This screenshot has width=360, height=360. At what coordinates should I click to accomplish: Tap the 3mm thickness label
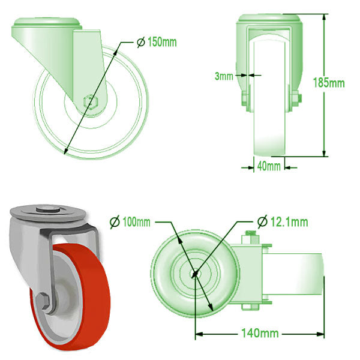click(x=223, y=76)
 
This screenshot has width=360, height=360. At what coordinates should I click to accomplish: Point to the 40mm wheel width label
click(x=268, y=166)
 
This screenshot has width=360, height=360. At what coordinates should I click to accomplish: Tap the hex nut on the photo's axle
click(x=43, y=302)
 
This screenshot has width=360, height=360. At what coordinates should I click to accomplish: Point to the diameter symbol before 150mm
click(x=140, y=43)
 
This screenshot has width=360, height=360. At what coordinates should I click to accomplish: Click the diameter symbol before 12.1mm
click(x=262, y=222)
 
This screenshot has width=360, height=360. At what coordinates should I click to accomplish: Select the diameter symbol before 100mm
click(x=115, y=222)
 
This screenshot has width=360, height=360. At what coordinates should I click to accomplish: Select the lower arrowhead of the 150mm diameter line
click(x=64, y=153)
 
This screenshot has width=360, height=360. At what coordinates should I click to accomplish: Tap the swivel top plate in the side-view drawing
click(x=47, y=25)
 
